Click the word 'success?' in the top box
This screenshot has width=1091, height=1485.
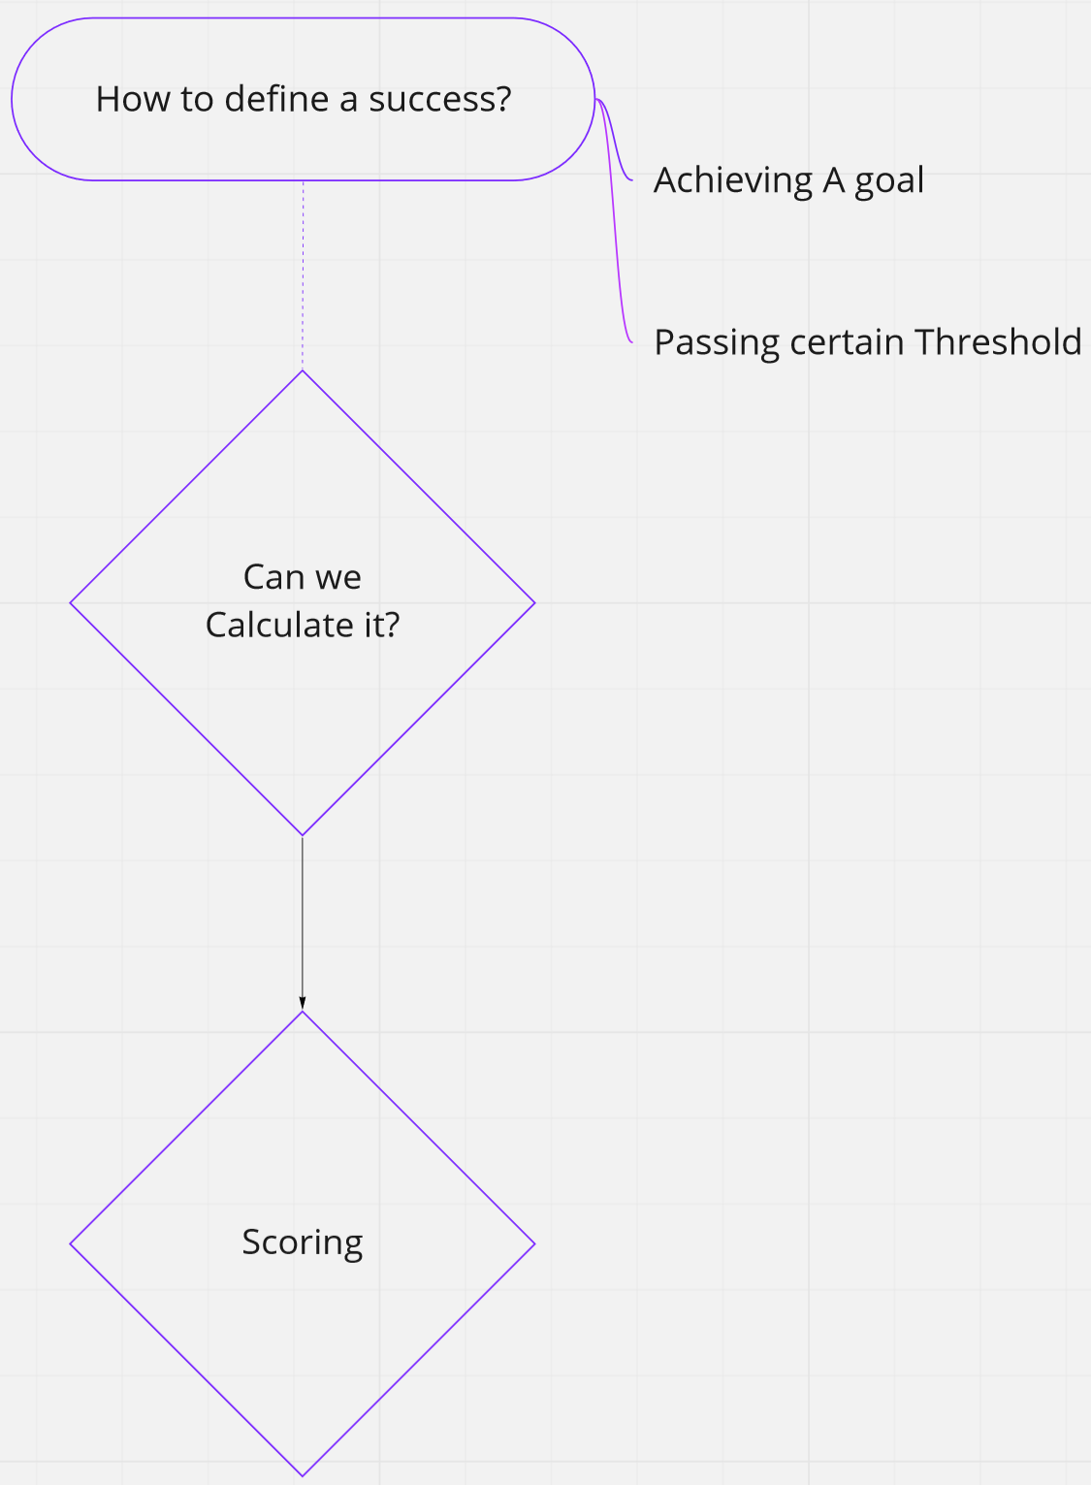(x=440, y=100)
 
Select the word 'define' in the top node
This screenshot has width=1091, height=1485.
(x=277, y=100)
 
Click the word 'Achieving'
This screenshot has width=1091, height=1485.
(x=733, y=181)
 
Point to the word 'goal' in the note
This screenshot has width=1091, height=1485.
(x=889, y=181)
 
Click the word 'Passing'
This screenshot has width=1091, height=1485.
(x=718, y=343)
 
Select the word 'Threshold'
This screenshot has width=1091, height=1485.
(x=998, y=342)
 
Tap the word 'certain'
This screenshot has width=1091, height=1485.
(x=847, y=342)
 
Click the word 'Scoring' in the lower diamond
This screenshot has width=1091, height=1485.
(x=303, y=1243)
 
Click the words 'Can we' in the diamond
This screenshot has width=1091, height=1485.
(x=303, y=577)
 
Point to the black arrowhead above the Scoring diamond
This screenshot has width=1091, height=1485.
(x=303, y=1003)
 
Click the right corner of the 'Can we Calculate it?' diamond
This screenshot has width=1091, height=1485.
(x=534, y=603)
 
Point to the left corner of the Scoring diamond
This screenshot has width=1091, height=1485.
(x=71, y=1244)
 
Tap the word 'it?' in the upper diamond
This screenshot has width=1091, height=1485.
(x=382, y=626)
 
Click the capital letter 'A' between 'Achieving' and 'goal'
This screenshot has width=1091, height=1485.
(x=834, y=180)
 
